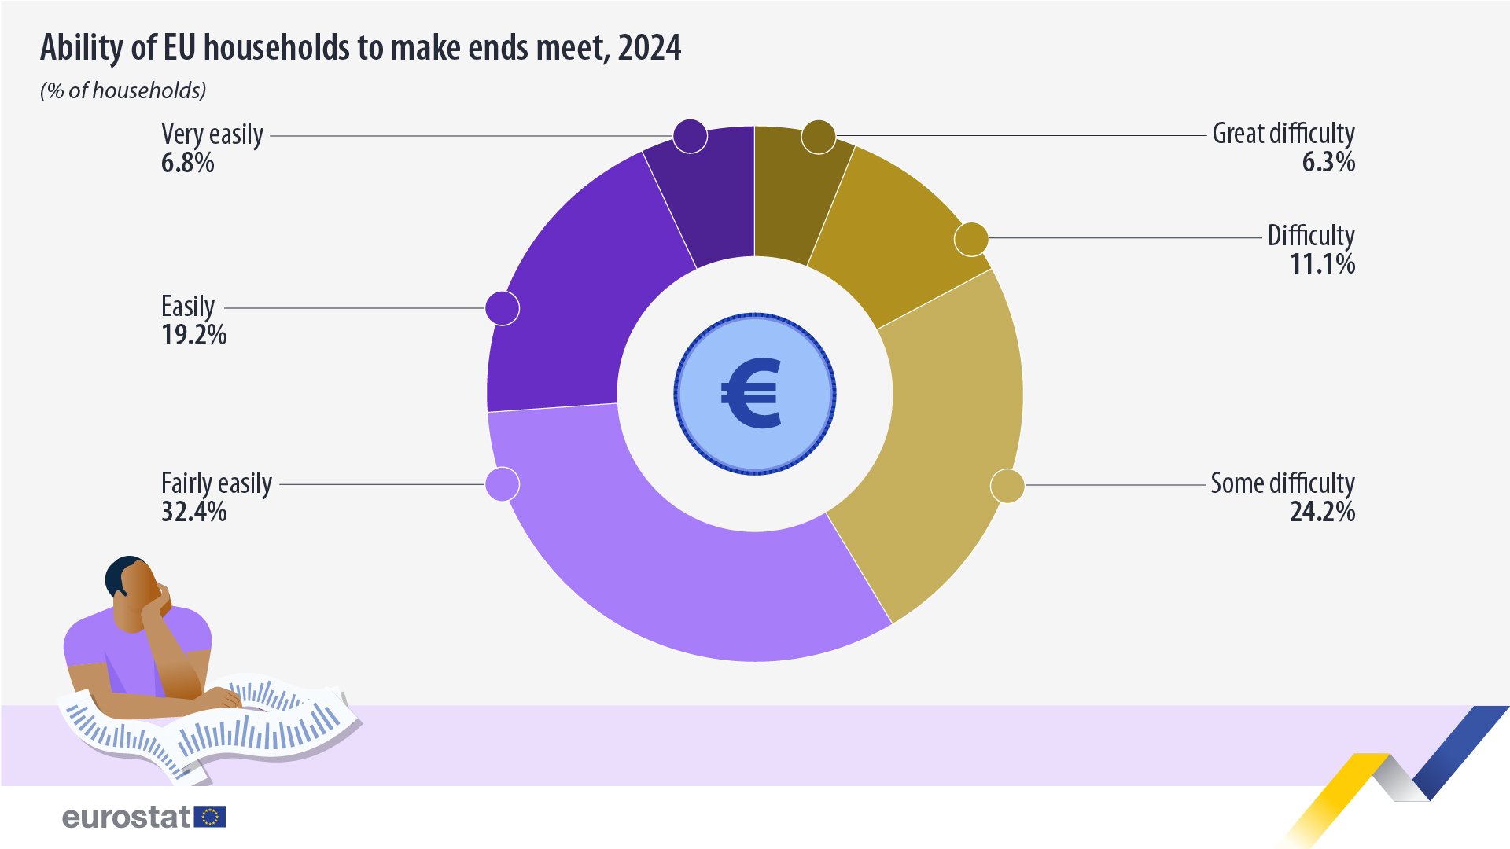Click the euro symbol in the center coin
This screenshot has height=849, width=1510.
(752, 393)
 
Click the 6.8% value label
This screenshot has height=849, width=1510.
(188, 163)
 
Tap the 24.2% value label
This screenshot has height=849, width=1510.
(1322, 512)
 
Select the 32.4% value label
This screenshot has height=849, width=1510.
(193, 512)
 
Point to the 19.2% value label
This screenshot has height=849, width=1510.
(193, 335)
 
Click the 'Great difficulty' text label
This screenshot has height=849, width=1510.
(1283, 134)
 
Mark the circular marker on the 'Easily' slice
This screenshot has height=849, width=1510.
(503, 308)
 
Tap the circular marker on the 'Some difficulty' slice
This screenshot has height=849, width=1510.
(1007, 485)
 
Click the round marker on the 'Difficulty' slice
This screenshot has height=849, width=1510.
(971, 239)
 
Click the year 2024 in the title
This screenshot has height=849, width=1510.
(649, 48)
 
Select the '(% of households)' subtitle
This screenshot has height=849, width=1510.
(123, 91)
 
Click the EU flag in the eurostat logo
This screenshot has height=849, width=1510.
(210, 817)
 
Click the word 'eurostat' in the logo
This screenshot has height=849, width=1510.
(126, 818)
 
